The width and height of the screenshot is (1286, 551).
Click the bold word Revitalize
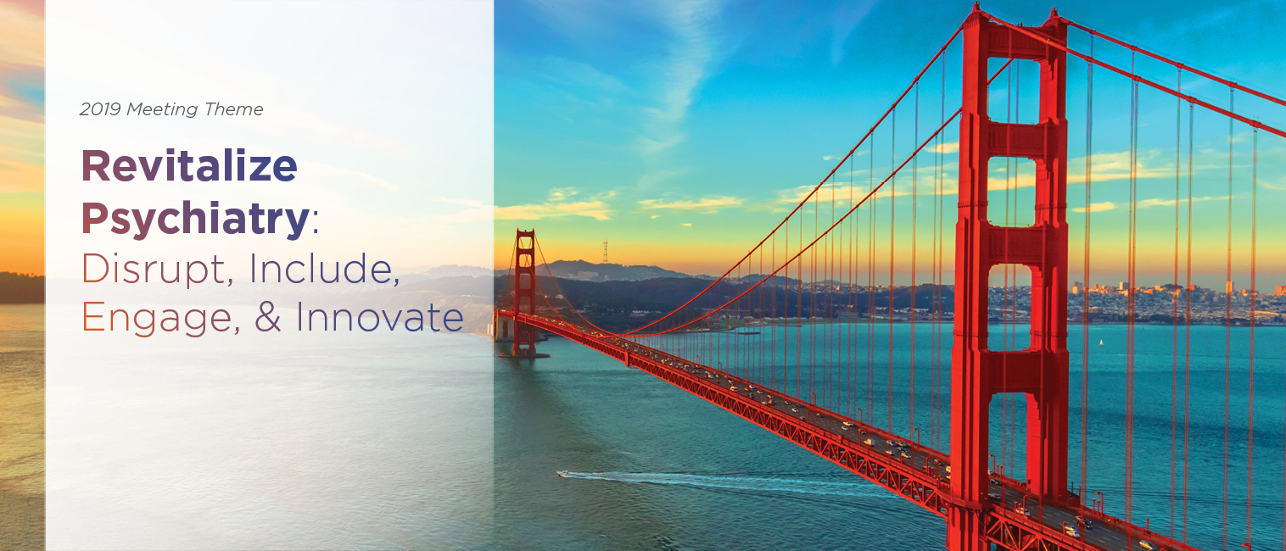(x=189, y=165)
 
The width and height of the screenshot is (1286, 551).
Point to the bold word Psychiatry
(x=196, y=219)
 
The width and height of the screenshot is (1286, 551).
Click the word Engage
(x=159, y=319)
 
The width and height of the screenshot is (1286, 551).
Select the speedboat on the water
(x=562, y=474)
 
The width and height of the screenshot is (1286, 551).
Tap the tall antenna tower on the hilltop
(x=605, y=252)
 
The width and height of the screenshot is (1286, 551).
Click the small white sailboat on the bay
(x=1100, y=342)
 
